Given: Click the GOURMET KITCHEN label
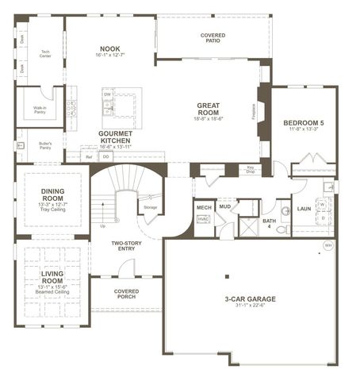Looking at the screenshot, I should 115,137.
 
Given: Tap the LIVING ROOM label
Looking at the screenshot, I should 52,277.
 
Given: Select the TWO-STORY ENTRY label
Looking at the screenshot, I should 126,247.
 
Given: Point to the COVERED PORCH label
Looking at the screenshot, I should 126,294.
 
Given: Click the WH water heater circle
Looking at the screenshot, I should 328,246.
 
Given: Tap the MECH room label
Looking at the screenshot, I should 203,207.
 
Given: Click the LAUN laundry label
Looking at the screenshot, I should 303,209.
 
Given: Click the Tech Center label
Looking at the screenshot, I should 45,55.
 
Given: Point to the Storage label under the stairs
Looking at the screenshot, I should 151,207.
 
